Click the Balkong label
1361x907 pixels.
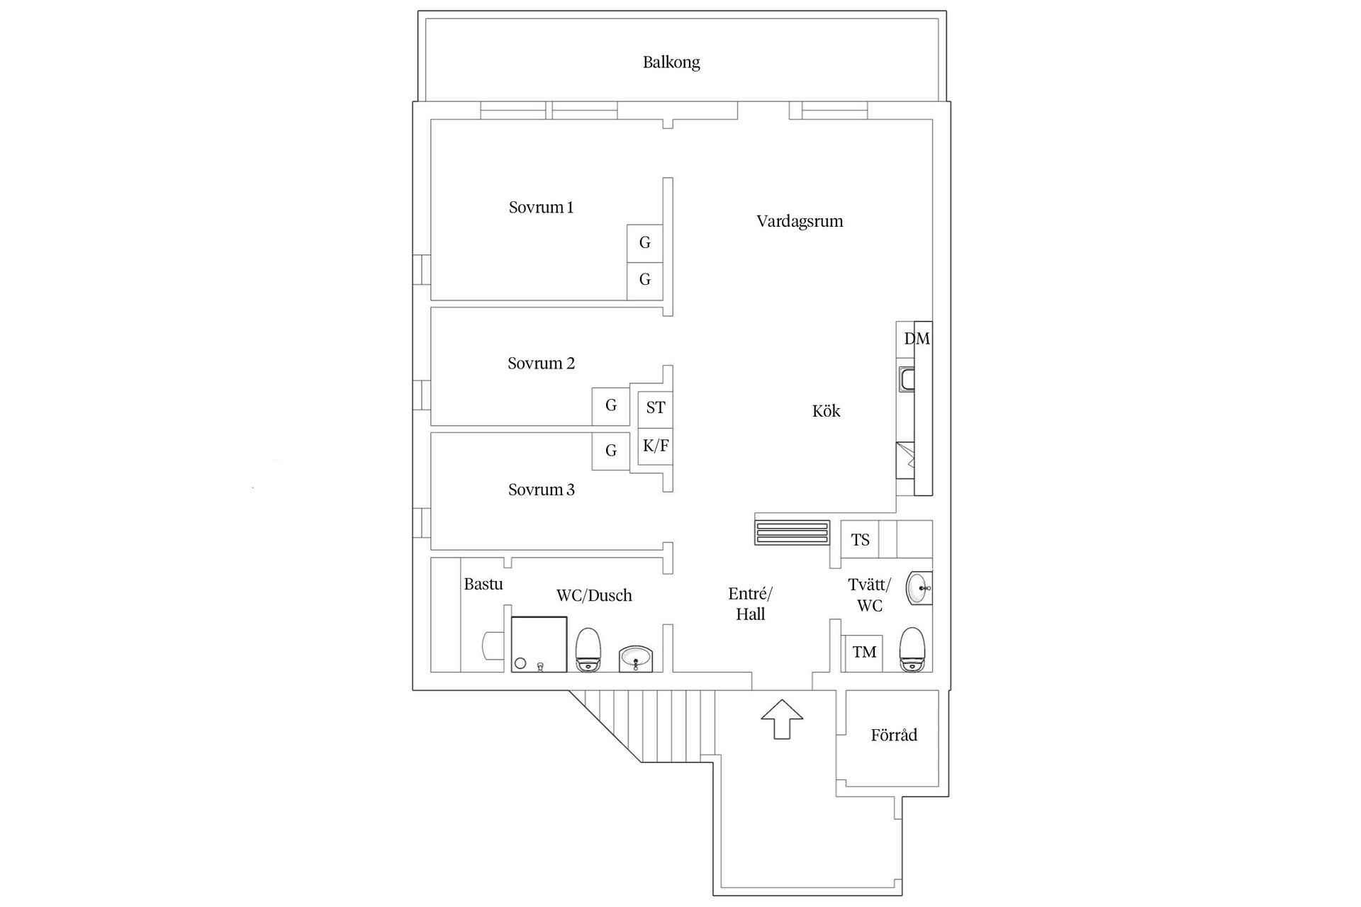[671, 62]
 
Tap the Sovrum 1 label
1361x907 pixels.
[541, 208]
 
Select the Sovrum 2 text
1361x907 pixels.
[541, 364]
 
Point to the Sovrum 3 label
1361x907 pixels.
[541, 490]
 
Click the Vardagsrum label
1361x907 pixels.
[800, 221]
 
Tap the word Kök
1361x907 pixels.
[826, 411]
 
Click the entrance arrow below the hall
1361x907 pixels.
[782, 719]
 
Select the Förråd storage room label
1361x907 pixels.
[893, 736]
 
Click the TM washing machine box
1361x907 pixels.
[863, 653]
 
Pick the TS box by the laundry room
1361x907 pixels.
[860, 541]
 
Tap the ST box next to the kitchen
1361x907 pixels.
[655, 408]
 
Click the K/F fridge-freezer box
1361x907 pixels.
[655, 446]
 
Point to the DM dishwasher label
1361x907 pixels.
[916, 339]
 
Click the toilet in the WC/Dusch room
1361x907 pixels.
[588, 649]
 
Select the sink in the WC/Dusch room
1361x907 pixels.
[636, 658]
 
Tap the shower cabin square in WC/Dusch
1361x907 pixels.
[539, 643]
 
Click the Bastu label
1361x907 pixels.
[483, 585]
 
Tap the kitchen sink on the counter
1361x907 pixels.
[907, 379]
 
